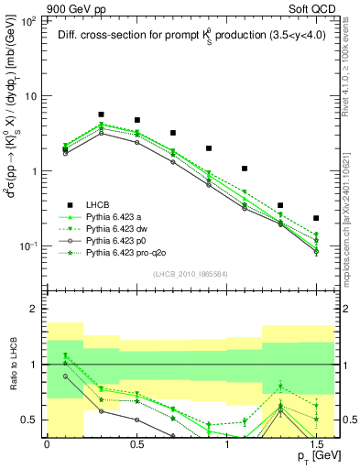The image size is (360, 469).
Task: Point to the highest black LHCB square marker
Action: click(x=101, y=115)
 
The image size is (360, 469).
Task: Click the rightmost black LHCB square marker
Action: click(x=316, y=218)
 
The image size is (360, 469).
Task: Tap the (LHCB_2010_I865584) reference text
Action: click(x=191, y=273)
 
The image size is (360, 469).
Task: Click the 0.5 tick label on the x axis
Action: click(x=136, y=443)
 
